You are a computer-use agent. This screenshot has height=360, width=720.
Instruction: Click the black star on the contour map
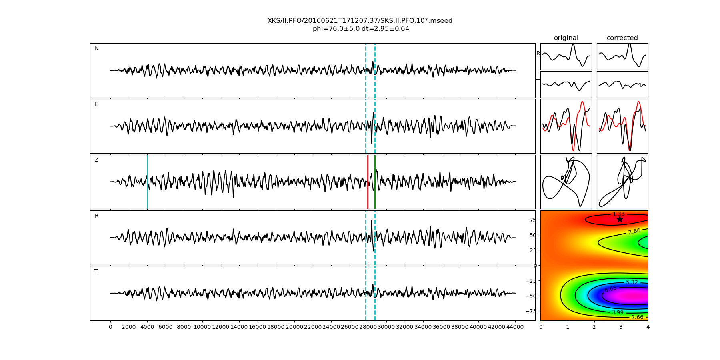(x=620, y=219)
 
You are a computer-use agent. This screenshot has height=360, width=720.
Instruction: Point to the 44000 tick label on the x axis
(x=515, y=327)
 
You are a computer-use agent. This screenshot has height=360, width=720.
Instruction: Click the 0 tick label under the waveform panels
(x=110, y=327)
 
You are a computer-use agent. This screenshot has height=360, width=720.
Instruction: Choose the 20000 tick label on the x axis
(x=294, y=327)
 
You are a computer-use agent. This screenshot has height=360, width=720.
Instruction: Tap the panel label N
(x=96, y=49)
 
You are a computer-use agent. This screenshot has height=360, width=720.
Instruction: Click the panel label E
(x=96, y=104)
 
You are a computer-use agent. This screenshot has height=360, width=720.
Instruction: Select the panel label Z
(x=96, y=160)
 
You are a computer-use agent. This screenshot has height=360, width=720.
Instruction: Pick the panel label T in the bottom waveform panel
(x=96, y=272)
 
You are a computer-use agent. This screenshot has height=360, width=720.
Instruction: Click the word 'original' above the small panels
(x=566, y=38)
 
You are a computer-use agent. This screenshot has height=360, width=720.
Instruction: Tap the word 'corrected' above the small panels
(x=622, y=38)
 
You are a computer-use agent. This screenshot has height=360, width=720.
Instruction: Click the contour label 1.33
(x=618, y=214)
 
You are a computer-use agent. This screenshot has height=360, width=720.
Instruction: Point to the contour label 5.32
(x=632, y=282)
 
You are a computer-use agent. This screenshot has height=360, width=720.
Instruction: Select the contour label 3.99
(x=617, y=312)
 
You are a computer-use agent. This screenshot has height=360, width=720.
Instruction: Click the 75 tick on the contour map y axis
(x=532, y=220)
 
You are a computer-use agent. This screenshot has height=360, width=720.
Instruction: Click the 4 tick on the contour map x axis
(x=648, y=327)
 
